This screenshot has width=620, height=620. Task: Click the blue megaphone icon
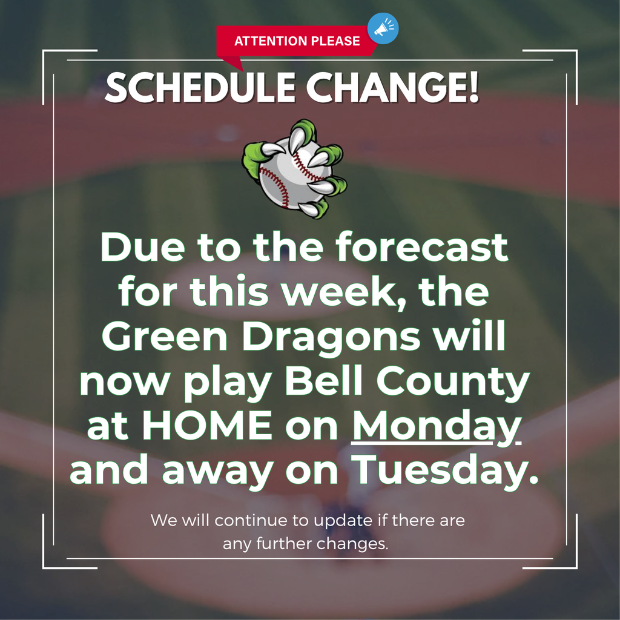pos(383,28)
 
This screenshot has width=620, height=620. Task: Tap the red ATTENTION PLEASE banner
pos(297,41)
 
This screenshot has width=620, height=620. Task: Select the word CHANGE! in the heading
pos(392,88)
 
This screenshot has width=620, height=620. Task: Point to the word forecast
pos(422,247)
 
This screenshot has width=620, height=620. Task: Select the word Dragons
pos(331,338)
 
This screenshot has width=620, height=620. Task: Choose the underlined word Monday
pos(437,427)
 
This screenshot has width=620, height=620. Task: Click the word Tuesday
pos(445,471)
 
